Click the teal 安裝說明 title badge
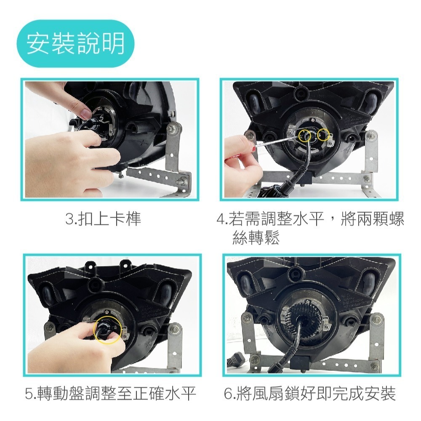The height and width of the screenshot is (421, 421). coord(75,43)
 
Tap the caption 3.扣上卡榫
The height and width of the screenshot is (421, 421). coord(103,219)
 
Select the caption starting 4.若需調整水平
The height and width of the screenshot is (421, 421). coord(310,228)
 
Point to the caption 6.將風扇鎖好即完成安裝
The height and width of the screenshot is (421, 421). coord(310,394)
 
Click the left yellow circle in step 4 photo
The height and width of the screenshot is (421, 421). coord(304,135)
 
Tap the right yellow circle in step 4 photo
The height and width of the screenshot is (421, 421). coord(323,134)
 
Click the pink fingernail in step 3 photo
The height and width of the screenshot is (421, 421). coord(85,114)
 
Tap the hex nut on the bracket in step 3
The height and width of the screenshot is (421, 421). coord(172,127)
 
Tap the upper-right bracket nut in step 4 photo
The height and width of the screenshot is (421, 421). coord(372,136)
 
